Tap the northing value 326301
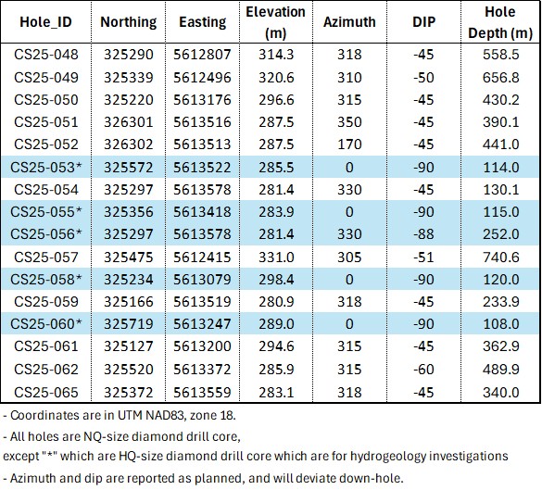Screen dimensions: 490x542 click(128, 121)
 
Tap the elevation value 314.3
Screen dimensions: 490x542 click(276, 55)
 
